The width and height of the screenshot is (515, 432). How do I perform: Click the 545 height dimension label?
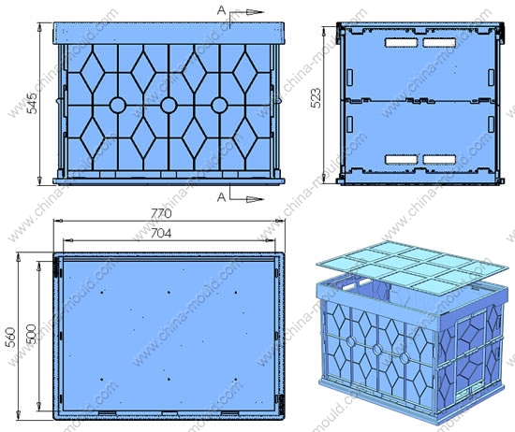(32, 104)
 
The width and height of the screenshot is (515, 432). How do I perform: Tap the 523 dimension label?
(316, 98)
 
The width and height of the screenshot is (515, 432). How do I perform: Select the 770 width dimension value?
(161, 213)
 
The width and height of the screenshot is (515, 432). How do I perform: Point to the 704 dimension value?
(161, 233)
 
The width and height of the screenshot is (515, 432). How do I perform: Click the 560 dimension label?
(11, 338)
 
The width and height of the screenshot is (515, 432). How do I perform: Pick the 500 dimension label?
(31, 334)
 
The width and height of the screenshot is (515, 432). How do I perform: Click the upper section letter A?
(221, 11)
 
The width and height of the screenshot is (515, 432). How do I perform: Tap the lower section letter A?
(221, 197)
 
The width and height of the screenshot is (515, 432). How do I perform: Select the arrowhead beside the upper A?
(256, 12)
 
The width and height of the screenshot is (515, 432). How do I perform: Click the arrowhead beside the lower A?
(256, 199)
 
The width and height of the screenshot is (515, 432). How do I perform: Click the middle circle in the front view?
(169, 106)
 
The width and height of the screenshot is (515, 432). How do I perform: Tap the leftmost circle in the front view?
(118, 106)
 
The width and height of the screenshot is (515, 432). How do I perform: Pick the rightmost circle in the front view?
(219, 106)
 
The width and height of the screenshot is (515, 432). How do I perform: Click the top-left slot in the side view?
(402, 43)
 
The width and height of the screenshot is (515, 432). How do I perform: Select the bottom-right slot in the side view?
(439, 159)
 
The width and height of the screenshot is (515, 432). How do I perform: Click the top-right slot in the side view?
(439, 43)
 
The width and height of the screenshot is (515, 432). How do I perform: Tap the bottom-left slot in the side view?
(402, 159)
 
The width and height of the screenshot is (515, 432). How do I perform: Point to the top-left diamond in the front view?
(93, 72)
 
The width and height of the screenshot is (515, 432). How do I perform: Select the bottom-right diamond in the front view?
(245, 137)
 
